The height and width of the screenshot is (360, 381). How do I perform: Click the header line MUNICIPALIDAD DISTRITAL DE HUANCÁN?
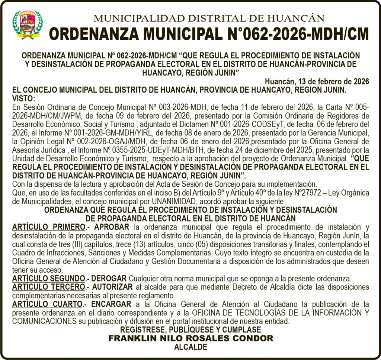coord(209,17)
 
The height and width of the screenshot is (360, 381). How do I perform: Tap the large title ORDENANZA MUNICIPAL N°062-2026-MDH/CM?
coord(209,34)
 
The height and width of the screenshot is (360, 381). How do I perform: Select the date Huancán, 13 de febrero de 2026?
coord(317,81)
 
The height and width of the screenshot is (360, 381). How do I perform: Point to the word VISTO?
coord(23,98)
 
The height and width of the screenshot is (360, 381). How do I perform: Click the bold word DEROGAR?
coord(109,279)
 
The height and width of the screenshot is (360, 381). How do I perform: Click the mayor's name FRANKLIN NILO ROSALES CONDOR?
coord(190,338)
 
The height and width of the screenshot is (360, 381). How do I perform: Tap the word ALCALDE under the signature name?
coord(190,347)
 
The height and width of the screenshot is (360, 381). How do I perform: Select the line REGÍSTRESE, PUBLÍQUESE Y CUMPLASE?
coord(190,330)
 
